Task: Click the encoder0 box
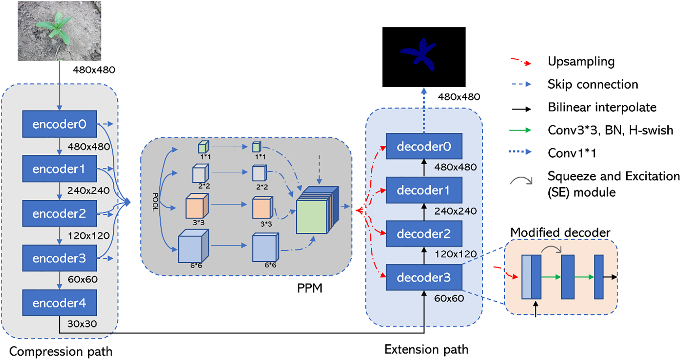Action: [x=59, y=124]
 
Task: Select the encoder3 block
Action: [x=59, y=258]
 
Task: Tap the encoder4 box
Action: [x=59, y=303]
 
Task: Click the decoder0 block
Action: [x=424, y=146]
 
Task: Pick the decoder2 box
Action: [x=424, y=234]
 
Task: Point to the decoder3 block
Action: [x=424, y=277]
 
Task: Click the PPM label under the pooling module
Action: [x=310, y=288]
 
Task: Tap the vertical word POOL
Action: [x=156, y=202]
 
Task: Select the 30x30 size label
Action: [x=82, y=324]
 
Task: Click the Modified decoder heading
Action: [x=560, y=232]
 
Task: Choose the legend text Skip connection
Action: [x=593, y=84]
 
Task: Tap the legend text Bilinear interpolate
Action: [x=602, y=107]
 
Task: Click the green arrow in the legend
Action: [x=520, y=130]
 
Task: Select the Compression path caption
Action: [x=61, y=351]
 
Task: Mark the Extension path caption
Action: [x=426, y=349]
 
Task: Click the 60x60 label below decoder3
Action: [x=449, y=299]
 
